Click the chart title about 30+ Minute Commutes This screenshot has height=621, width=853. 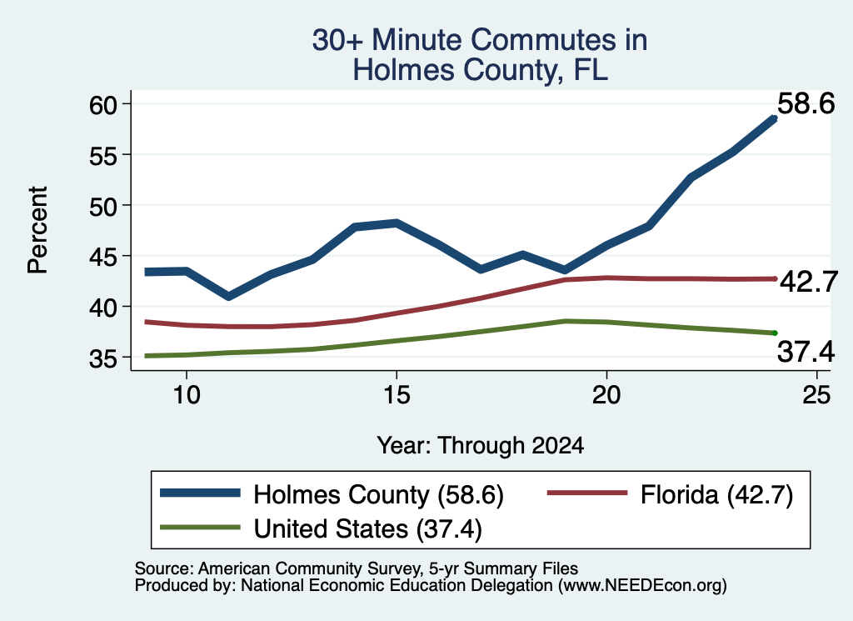coord(480,55)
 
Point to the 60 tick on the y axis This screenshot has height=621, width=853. coord(103,104)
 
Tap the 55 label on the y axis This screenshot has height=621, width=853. coord(103,156)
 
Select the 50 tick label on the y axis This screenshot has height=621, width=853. coord(103,206)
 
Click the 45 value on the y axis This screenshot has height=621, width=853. coord(103,257)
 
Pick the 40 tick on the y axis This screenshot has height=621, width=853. coord(103,308)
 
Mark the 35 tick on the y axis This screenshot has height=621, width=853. coord(103,358)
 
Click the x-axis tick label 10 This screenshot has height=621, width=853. coord(187,394)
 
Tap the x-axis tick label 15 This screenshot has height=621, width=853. coord(397,394)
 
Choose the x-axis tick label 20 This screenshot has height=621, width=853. coord(606,394)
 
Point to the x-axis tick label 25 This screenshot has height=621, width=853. coord(816,394)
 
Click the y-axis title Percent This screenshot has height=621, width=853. coord(38,229)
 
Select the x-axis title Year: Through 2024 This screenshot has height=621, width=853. coord(481,445)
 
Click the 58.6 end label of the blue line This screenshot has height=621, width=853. coord(806,103)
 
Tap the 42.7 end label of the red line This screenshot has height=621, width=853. coord(809,282)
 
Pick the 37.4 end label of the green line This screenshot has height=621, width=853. coord(806,351)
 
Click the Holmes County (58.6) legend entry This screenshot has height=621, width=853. coord(332,494)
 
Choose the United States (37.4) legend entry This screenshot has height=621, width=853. coord(321,528)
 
